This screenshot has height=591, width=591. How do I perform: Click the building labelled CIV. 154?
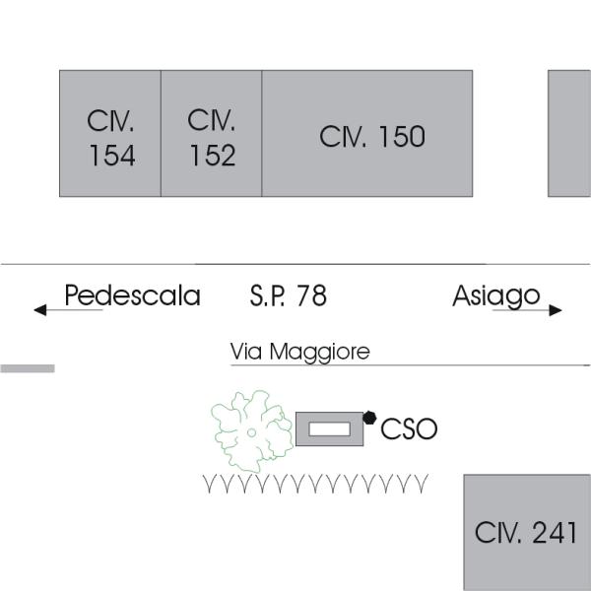point(110,133)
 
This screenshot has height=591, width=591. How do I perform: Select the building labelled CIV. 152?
point(212,133)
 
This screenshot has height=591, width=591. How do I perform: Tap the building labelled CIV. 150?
point(367,133)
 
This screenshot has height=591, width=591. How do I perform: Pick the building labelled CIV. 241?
point(526,532)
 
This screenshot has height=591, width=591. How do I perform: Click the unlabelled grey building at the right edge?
point(569,133)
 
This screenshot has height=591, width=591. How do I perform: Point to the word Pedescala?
point(132,295)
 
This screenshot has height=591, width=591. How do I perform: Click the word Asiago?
point(495,295)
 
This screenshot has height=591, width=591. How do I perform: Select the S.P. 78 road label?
point(288,295)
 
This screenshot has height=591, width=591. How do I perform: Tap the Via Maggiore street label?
point(299,352)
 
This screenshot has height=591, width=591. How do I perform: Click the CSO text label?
point(409,429)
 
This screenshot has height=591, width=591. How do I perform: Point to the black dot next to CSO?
point(369,418)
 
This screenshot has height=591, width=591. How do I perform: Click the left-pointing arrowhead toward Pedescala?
point(40,310)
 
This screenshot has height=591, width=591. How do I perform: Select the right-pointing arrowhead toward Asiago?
point(556,310)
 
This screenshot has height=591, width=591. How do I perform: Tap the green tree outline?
point(251,431)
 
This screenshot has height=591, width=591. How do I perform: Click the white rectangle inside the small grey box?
point(330,428)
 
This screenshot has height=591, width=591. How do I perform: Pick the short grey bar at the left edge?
point(27,368)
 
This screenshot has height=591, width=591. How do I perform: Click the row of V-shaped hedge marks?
point(315,484)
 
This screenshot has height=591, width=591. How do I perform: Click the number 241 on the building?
point(555,533)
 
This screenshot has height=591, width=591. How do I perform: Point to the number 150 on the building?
point(402,137)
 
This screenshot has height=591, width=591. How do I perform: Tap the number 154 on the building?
point(111,156)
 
